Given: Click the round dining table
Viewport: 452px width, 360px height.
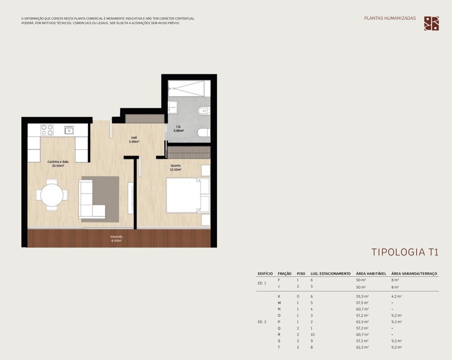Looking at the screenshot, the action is click(52, 195).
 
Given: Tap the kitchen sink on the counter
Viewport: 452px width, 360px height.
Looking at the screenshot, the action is click(69, 130).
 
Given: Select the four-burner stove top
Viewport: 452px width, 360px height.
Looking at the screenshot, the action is click(47, 130).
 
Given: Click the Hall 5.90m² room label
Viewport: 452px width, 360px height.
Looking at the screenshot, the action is click(134, 140).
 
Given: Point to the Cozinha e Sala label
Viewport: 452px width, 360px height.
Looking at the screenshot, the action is click(58, 162).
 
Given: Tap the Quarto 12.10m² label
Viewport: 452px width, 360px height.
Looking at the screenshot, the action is click(176, 168).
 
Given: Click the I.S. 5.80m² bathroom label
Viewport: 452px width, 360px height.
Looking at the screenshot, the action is click(179, 128).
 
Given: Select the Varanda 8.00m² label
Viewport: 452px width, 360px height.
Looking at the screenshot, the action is click(117, 239).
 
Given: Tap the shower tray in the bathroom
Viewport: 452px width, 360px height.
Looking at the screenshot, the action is click(189, 88).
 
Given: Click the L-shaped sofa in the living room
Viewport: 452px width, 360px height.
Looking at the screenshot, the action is click(92, 199).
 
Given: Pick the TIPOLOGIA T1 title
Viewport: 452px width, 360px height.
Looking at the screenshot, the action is click(405, 252).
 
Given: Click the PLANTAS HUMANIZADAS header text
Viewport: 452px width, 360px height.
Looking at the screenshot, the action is click(390, 18).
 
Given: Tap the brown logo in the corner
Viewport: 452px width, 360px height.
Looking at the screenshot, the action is click(432, 23).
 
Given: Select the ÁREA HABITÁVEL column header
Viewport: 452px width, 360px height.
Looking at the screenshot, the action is click(371, 274).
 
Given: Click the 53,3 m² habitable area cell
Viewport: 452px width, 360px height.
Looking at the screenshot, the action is click(362, 296).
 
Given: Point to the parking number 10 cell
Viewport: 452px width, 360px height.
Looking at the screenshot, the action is click(313, 335).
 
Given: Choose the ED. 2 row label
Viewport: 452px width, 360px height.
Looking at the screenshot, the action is click(262, 322).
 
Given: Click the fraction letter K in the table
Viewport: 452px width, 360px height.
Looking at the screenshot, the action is click(279, 296).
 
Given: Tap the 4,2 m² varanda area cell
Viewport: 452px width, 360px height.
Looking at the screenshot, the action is click(397, 296).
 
